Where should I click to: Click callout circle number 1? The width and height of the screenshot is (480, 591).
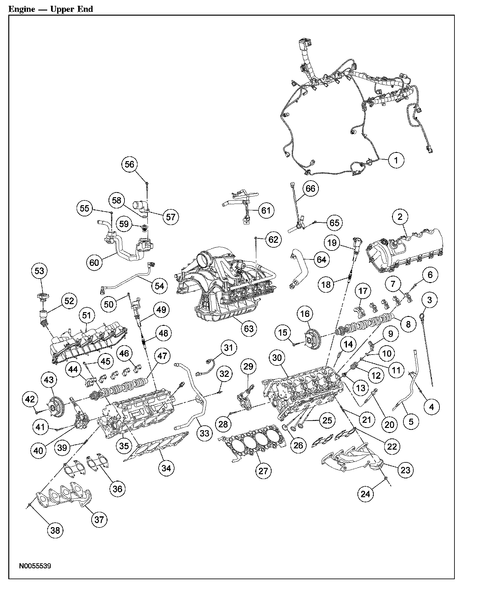tap(396, 160)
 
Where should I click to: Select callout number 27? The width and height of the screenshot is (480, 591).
tap(263, 471)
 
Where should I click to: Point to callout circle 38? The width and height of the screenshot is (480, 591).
tap(55, 530)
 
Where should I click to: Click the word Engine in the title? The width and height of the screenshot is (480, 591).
tap(21, 9)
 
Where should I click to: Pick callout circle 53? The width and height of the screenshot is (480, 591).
tap(39, 271)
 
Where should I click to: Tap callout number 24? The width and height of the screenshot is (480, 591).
tap(365, 494)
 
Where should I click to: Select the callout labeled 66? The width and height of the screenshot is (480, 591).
tap(310, 189)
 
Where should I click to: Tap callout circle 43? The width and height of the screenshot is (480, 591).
tap(49, 380)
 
